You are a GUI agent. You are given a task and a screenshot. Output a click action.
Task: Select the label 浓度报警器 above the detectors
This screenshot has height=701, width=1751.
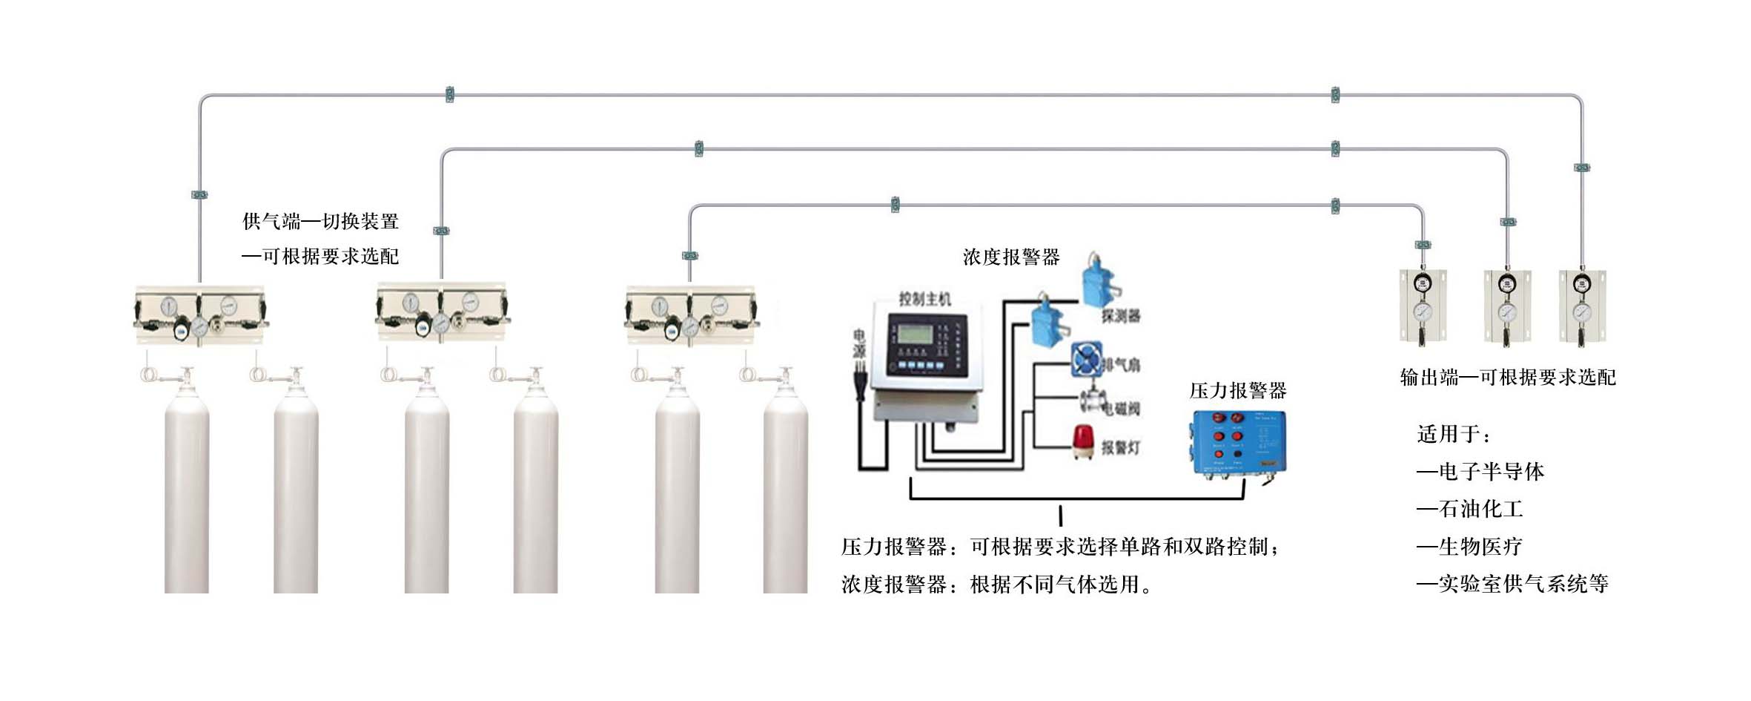1011,257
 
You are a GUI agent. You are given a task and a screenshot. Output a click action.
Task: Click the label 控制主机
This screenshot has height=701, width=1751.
924,299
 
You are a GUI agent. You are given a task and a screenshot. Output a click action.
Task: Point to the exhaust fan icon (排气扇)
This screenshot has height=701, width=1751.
1087,361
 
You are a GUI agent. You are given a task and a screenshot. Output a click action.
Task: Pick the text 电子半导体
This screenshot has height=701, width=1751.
1491,472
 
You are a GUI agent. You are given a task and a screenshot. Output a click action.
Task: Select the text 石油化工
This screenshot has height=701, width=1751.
1480,509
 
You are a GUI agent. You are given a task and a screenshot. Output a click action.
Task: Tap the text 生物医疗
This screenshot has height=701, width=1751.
1480,547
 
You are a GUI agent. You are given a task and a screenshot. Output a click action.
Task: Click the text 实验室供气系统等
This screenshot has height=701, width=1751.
1523,584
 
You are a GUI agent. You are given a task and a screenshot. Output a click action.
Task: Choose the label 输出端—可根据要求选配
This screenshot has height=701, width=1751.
1508,378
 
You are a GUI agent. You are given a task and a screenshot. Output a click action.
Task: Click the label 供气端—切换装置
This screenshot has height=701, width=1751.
320,221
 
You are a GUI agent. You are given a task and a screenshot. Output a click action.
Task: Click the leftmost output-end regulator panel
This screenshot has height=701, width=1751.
1423,306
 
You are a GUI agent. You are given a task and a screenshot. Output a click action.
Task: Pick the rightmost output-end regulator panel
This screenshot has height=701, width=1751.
1582,306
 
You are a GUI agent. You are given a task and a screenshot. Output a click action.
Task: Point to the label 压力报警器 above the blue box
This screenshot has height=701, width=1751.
1237,391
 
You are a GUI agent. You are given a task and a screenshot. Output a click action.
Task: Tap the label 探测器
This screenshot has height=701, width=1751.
1120,317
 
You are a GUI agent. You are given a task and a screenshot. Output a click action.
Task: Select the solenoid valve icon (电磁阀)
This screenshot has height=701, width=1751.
1092,401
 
